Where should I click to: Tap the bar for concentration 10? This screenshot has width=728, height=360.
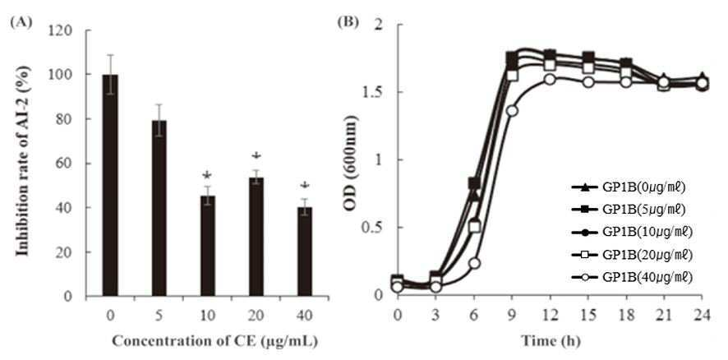click(208, 246)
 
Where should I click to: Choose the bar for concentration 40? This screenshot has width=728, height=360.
click(305, 252)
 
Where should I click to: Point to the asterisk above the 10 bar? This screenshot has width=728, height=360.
click(208, 176)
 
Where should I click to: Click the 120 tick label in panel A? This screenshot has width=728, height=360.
click(65, 30)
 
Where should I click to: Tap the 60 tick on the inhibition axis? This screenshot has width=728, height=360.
click(68, 164)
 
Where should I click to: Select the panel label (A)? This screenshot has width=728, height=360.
click(22, 23)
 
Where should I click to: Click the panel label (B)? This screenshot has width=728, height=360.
click(348, 21)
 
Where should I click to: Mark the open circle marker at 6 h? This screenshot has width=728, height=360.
click(473, 263)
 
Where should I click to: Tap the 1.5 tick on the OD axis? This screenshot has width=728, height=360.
click(375, 92)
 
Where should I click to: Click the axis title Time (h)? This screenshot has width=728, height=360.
click(551, 341)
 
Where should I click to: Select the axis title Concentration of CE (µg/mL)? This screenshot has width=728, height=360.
click(215, 341)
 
